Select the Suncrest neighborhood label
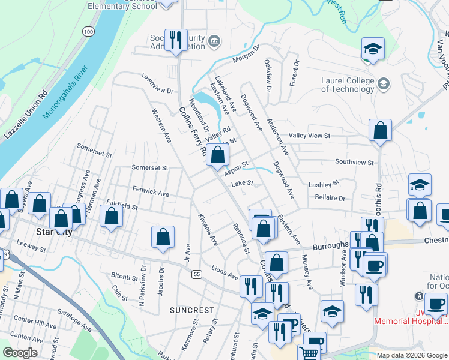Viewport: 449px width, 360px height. (192, 310)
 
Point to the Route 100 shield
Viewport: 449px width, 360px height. (89, 31)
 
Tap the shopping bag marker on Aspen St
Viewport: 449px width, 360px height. (217, 155)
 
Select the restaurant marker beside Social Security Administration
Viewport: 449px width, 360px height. (175, 41)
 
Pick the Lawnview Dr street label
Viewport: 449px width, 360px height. (157, 84)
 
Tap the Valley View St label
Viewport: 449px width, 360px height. (310, 136)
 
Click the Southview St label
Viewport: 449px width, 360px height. (355, 162)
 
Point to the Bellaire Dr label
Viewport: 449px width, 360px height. (330, 197)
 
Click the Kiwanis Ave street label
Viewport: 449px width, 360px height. (208, 231)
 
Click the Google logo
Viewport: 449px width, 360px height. (20, 353)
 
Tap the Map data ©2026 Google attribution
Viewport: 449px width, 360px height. (412, 355)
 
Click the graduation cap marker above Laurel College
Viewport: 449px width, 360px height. (372, 50)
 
